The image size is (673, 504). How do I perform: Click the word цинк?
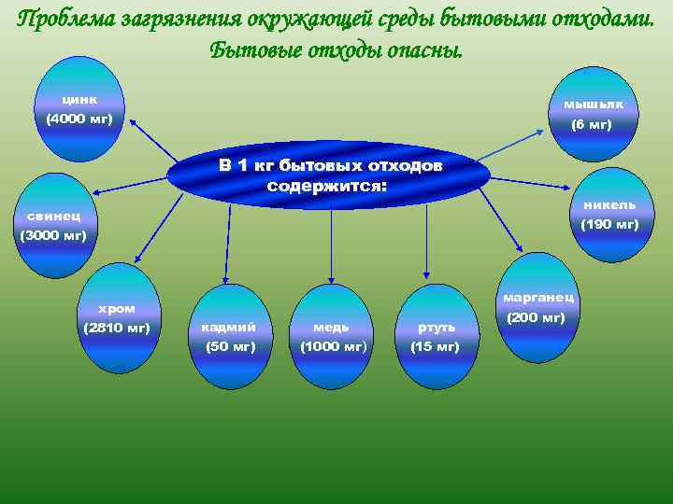80,99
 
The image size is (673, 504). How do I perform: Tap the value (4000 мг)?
79,119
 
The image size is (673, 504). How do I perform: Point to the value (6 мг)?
592,124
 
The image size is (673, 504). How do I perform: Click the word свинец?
52,216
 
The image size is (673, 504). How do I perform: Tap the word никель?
609,204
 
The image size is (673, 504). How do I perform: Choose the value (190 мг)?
609,224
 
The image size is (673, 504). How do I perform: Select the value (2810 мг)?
117,328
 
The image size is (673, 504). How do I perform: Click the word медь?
332,327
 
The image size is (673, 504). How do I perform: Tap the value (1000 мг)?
332,346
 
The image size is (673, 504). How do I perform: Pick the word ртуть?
436,327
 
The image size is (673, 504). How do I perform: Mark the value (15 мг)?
436,346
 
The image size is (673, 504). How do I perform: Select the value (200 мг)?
537,318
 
